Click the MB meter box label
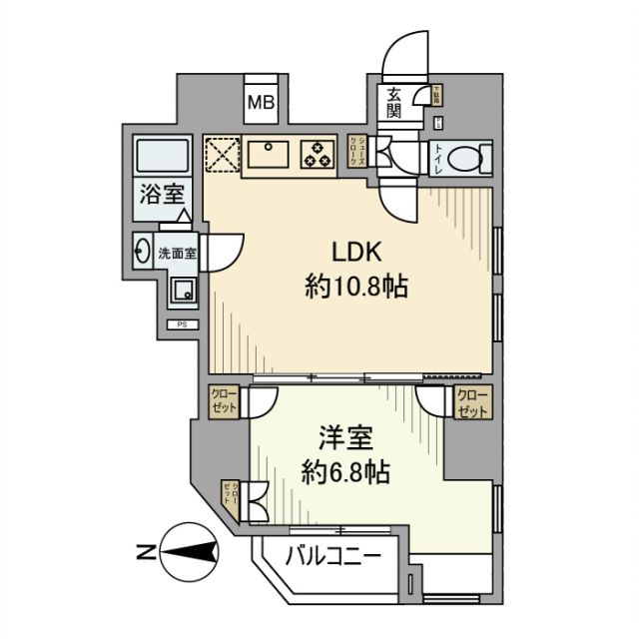pyautogui.click(x=262, y=102)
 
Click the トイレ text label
pyautogui.click(x=437, y=159)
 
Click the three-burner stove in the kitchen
pyautogui.click(x=319, y=153)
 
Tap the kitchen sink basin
pyautogui.click(x=269, y=153)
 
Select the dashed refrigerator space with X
pyautogui.click(x=221, y=153)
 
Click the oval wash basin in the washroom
pyautogui.click(x=141, y=251)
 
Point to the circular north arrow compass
pyautogui.click(x=192, y=550)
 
